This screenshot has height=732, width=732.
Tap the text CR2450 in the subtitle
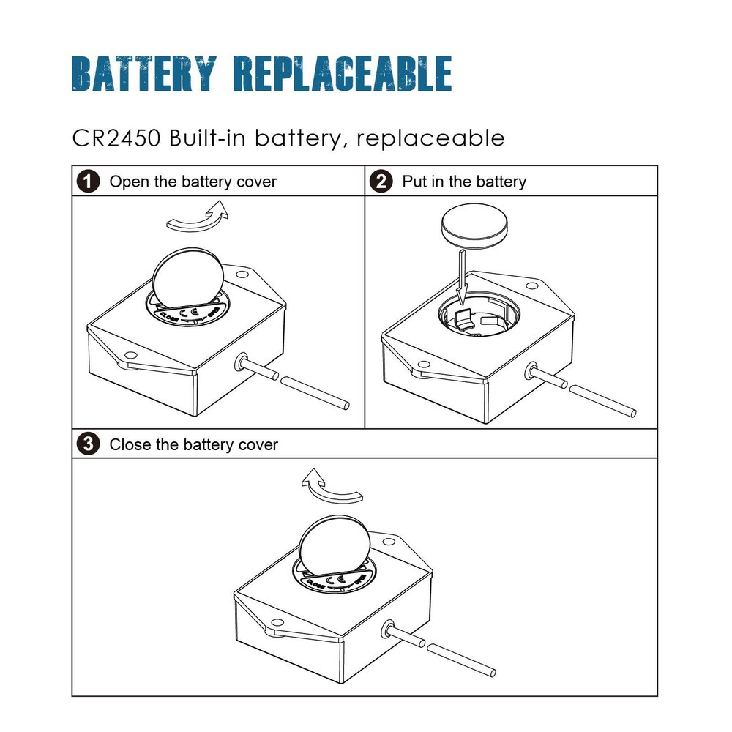click(x=116, y=138)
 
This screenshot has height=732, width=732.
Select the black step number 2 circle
click(x=381, y=182)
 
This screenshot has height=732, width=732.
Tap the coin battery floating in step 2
click(x=474, y=228)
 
